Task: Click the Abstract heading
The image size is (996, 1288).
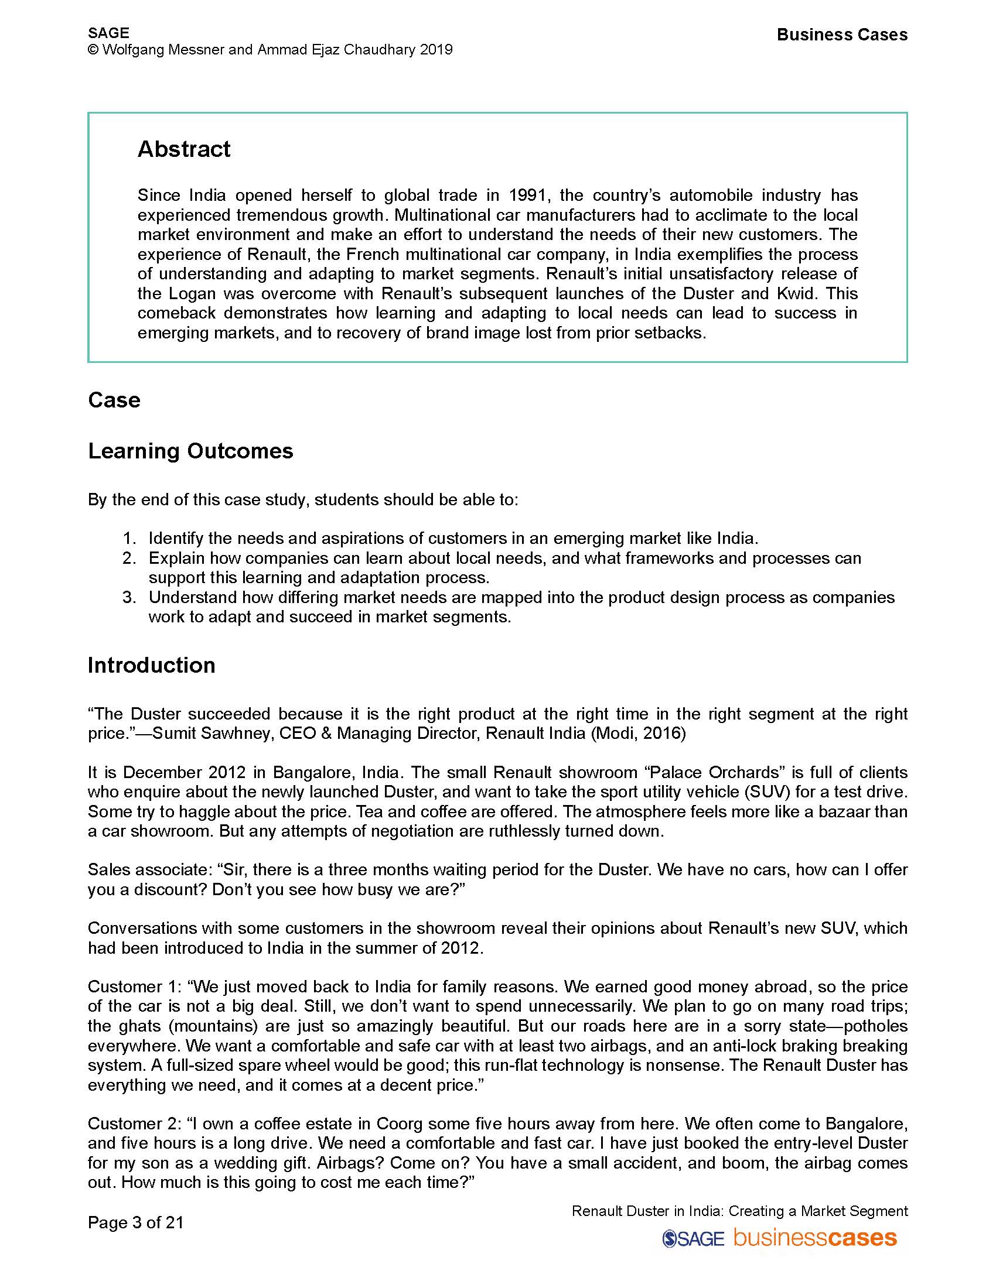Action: (x=183, y=149)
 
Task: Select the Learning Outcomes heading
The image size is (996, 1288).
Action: (x=190, y=451)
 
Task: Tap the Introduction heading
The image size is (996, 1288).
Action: (x=151, y=665)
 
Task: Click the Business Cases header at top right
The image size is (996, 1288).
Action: (x=841, y=35)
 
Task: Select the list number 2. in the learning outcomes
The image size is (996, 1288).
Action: (x=129, y=558)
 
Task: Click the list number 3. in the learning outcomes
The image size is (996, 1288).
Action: (x=129, y=597)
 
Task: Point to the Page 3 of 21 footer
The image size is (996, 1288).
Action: (x=136, y=1222)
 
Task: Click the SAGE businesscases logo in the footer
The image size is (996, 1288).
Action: (x=779, y=1237)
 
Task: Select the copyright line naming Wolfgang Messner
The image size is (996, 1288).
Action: (x=270, y=50)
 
